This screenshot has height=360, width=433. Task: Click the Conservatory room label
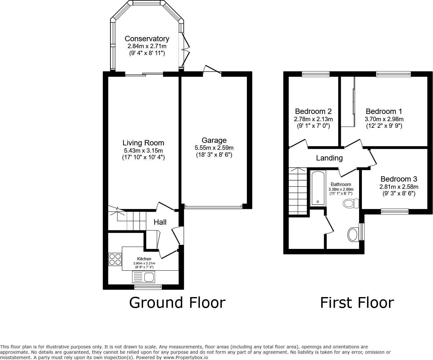(x=147, y=39)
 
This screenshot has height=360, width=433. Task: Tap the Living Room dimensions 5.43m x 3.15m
(x=143, y=151)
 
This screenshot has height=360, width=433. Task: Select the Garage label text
(x=214, y=140)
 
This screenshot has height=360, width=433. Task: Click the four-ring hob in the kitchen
(x=115, y=259)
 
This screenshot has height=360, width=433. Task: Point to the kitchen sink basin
(x=149, y=277)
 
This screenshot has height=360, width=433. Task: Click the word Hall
(x=160, y=222)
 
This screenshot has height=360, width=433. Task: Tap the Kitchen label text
(x=144, y=259)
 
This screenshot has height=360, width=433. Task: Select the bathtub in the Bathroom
(x=318, y=188)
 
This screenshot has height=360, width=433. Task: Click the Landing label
(x=329, y=158)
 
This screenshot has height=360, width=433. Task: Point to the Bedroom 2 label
(x=313, y=111)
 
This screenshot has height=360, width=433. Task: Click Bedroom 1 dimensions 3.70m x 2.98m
(x=384, y=119)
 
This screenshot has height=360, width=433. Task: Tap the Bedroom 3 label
(x=399, y=179)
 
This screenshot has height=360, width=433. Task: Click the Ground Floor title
(x=177, y=302)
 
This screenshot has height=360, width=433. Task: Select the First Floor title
(x=357, y=302)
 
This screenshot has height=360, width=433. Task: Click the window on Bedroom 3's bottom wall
(x=395, y=211)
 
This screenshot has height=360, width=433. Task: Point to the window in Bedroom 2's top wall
(x=315, y=74)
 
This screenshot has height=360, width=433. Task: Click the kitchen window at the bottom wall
(x=148, y=287)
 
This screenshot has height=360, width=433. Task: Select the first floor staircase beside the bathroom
(x=298, y=191)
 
